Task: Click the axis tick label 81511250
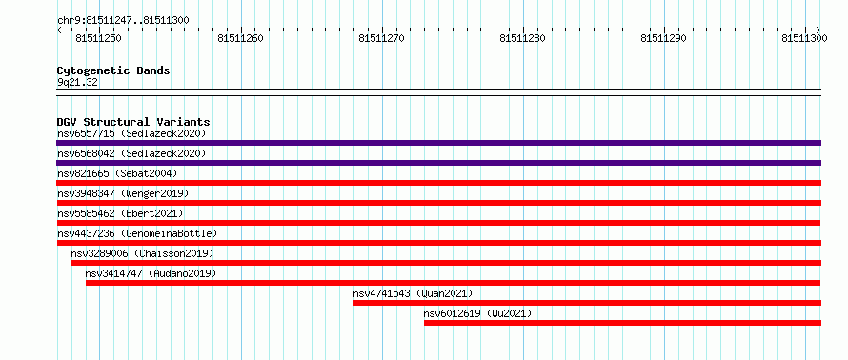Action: point(98,38)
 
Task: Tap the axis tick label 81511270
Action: point(381,38)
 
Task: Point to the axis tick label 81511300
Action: point(804,38)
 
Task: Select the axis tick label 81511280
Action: point(522,38)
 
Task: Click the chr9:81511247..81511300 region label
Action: point(123,21)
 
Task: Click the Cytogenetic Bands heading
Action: point(113,70)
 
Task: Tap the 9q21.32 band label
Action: point(77,82)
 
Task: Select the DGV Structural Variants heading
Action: point(133,122)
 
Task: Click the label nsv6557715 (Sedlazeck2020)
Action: point(131,133)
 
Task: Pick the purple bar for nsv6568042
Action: point(438,163)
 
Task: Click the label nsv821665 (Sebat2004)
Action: point(117,173)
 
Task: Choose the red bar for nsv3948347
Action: point(438,203)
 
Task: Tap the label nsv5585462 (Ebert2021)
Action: point(120,213)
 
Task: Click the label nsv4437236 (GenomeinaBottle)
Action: point(137,233)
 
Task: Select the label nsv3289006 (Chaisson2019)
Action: point(142,253)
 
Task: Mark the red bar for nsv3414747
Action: point(454,283)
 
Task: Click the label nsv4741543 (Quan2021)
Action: point(413,293)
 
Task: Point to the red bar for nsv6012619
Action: point(622,323)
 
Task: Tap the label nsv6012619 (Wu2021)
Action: point(477,313)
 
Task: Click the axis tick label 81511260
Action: point(240,38)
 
